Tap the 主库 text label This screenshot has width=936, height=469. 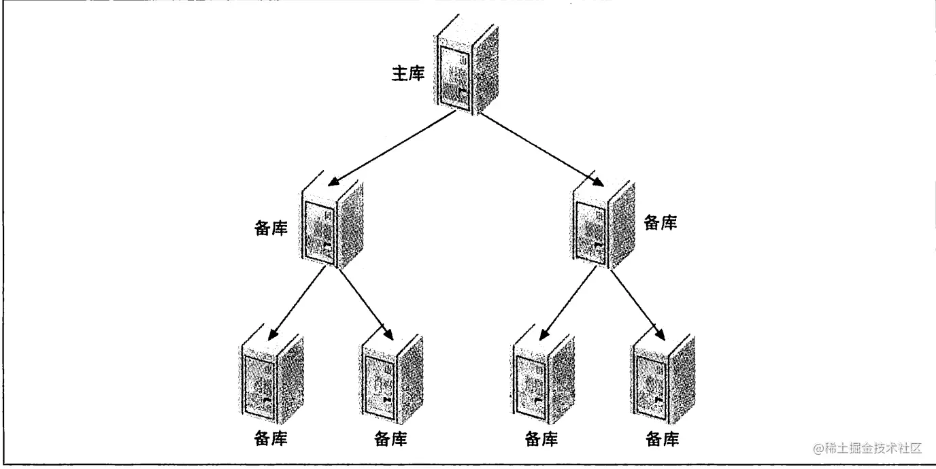[x=408, y=73]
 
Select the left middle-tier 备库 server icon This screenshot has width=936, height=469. [x=331, y=225]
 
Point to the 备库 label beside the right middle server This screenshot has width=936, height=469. [x=661, y=222]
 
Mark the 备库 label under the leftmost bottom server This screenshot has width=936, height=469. [x=270, y=438]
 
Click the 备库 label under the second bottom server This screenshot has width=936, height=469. [x=391, y=438]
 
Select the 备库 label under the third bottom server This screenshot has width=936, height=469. [x=542, y=438]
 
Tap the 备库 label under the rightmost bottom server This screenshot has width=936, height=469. [x=662, y=438]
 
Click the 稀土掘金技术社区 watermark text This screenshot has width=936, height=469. [x=867, y=449]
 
